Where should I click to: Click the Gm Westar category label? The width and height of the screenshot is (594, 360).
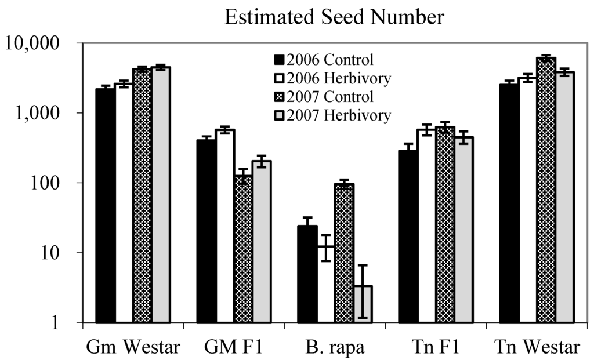(x=133, y=347)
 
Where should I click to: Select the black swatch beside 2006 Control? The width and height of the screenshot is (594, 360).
(x=279, y=59)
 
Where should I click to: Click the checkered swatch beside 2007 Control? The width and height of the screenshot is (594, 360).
(x=279, y=96)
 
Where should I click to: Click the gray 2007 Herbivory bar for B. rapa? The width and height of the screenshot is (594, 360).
(x=362, y=304)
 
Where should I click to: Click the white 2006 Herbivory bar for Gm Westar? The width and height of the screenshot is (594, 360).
(x=124, y=203)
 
